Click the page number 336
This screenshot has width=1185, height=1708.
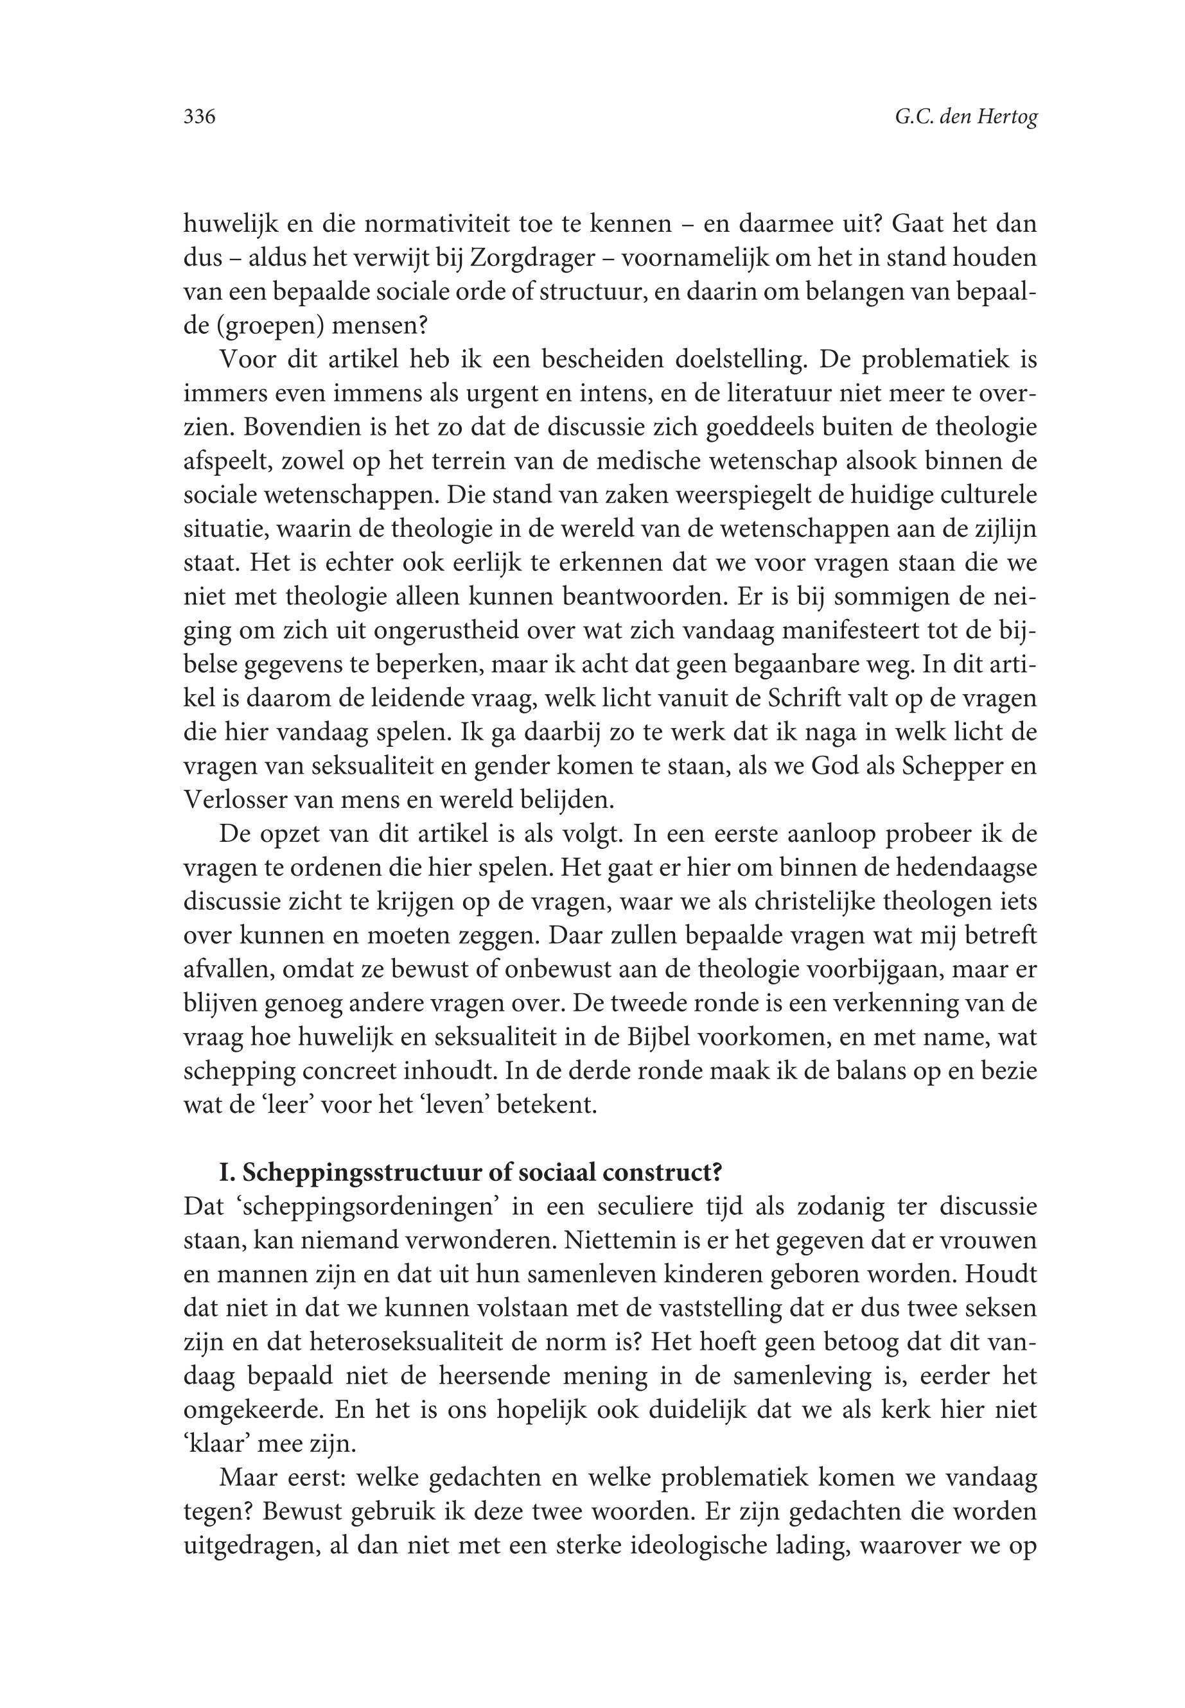[x=199, y=118]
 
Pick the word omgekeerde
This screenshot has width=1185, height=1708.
[x=252, y=1409]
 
